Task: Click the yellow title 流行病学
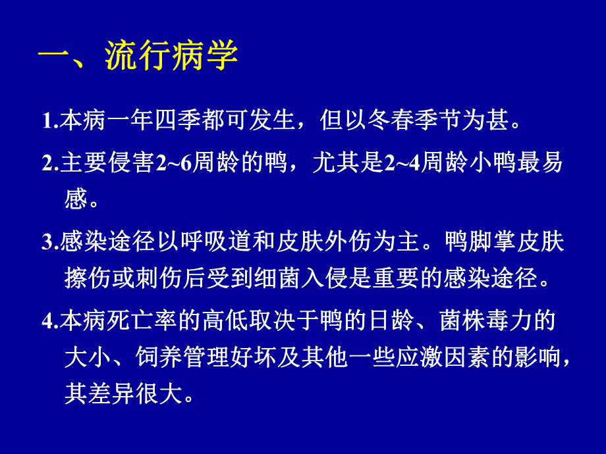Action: pyautogui.click(x=171, y=59)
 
